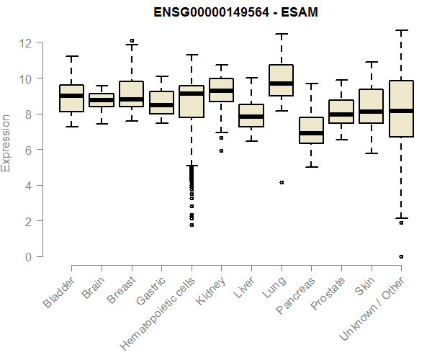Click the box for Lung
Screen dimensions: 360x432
click(x=281, y=80)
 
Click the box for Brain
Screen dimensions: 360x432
click(x=101, y=100)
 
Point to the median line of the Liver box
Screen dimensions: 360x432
click(x=251, y=117)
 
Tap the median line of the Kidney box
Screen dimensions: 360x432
click(x=221, y=91)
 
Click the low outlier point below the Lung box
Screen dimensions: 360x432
click(x=282, y=183)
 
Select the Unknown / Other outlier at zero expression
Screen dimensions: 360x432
click(x=401, y=256)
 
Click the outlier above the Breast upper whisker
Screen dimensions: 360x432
click(x=131, y=41)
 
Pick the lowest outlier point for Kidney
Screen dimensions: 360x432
click(x=221, y=151)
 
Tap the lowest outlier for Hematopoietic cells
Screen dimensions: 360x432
click(x=192, y=225)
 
